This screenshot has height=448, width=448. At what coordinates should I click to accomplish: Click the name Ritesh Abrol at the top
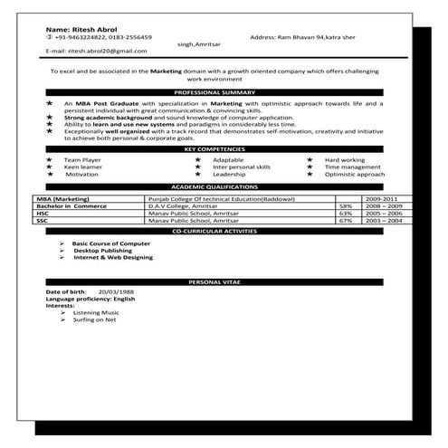(81, 28)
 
